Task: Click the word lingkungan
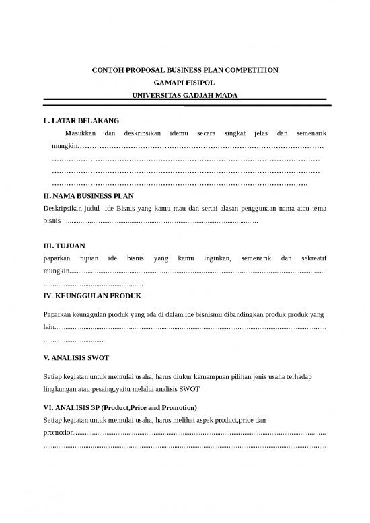pos(61,390)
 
